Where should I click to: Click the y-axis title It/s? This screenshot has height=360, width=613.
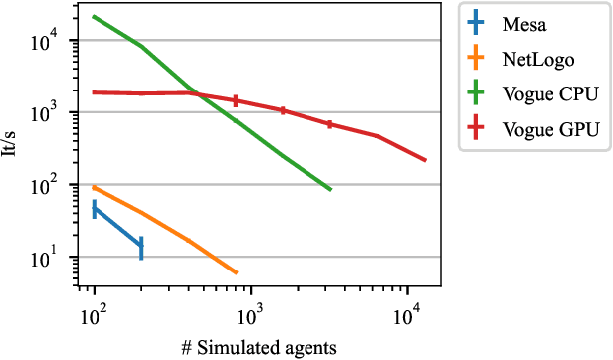(12, 149)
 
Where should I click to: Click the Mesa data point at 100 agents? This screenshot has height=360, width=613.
(94, 208)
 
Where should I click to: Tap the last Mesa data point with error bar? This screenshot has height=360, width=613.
(141, 247)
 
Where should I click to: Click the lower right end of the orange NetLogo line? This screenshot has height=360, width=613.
(237, 272)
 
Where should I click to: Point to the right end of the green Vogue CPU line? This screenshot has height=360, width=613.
(331, 189)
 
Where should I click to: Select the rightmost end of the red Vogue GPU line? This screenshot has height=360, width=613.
(426, 160)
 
